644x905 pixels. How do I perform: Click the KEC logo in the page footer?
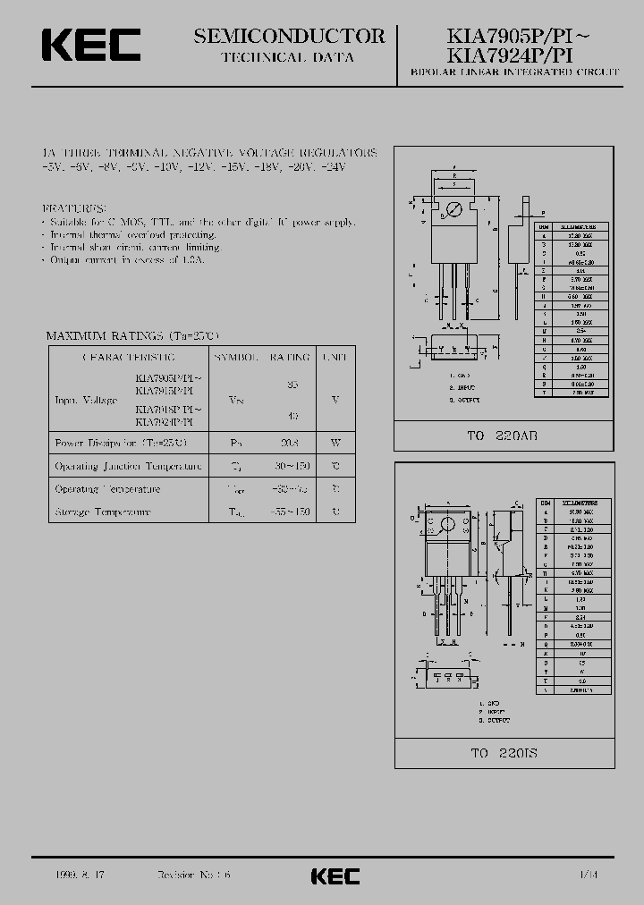coord(335,875)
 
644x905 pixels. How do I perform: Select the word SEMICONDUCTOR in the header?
coord(289,36)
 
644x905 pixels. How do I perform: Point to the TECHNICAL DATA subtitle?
coord(287,57)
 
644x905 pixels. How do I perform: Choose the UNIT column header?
coord(335,357)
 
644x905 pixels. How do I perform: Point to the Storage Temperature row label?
coord(103,512)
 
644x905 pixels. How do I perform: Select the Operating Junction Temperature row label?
coord(129,466)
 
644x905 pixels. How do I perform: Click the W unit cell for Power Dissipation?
coord(335,443)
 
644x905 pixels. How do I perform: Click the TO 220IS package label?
coord(504,752)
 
